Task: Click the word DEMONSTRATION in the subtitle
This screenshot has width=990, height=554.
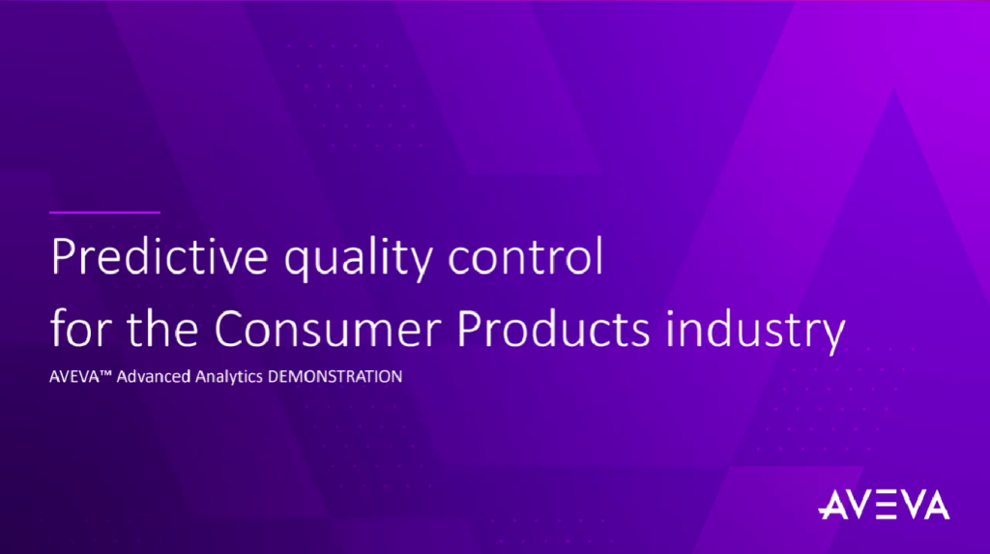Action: pos(334,377)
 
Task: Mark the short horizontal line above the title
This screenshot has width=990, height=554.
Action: pos(104,211)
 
